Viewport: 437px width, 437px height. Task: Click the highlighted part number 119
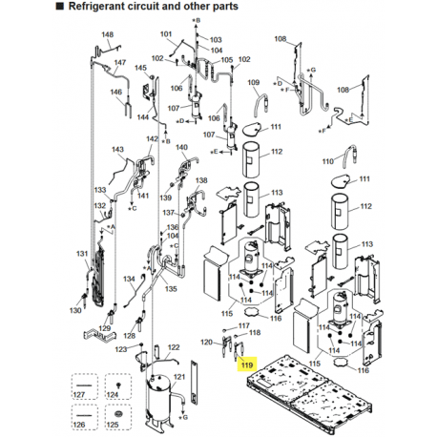coord(247,364)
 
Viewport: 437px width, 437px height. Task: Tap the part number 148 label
coord(108,34)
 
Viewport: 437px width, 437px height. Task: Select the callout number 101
coord(166,34)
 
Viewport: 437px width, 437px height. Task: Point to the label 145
coord(140,68)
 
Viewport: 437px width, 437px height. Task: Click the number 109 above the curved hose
coord(254,83)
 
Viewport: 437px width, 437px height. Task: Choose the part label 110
coord(327,161)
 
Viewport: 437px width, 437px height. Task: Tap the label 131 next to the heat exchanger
coord(82,254)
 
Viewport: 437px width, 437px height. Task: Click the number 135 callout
coord(171,289)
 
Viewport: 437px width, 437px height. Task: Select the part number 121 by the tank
coord(179,377)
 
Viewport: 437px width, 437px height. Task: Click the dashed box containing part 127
coord(84,386)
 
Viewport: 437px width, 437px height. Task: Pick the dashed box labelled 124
coord(118,386)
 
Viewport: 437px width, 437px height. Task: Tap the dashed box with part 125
coord(118,417)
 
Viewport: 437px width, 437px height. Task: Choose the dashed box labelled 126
coord(84,417)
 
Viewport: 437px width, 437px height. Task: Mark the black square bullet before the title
coord(59,6)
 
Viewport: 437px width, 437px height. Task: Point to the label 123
coord(121,349)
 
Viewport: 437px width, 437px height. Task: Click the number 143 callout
coord(117,149)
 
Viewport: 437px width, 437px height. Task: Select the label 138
coord(201,180)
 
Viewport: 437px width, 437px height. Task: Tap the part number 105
coord(227,60)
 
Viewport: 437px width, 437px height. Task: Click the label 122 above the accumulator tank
coord(174,347)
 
